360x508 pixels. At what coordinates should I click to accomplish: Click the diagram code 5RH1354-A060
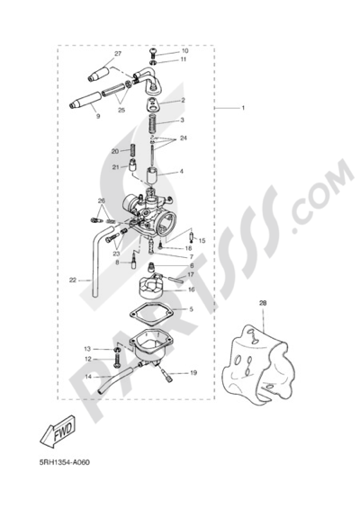65,462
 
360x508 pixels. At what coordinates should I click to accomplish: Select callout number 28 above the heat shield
263,303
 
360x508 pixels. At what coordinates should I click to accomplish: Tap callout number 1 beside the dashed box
243,108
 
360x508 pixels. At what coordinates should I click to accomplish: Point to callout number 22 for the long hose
72,280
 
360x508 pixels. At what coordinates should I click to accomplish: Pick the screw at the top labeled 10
153,51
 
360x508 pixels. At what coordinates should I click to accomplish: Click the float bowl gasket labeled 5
152,312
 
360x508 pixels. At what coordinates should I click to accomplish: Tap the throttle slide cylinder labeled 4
153,177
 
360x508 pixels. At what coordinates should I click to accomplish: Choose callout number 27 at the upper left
118,53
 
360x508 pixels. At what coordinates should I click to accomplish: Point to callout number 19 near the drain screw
193,373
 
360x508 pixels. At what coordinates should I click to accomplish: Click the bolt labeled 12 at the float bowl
117,361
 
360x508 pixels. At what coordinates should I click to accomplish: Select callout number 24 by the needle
184,138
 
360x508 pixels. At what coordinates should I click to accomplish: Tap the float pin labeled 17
175,280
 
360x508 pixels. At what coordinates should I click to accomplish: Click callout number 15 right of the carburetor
202,241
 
